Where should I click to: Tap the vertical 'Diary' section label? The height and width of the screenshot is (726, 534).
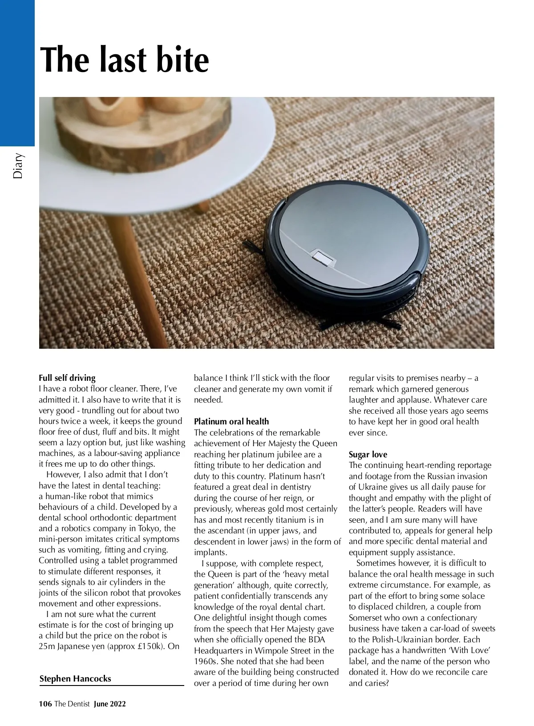click(x=18, y=166)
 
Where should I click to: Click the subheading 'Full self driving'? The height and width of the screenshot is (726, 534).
click(x=67, y=378)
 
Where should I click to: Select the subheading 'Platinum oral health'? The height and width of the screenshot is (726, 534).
click(x=231, y=421)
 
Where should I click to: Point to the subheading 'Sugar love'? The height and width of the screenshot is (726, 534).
click(x=368, y=454)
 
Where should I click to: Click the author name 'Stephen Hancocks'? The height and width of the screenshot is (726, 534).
click(x=75, y=678)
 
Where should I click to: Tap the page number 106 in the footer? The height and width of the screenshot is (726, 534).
click(x=45, y=703)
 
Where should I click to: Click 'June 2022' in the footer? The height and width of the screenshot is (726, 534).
click(x=110, y=703)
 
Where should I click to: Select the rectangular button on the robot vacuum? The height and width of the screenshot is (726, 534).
click(x=321, y=257)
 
